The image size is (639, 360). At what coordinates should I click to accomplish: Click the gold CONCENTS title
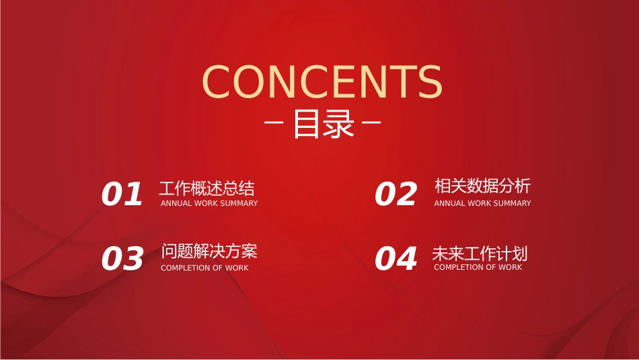pos(322,81)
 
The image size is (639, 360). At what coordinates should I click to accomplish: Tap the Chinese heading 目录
pos(324,124)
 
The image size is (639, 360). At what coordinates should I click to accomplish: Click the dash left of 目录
pos(274,122)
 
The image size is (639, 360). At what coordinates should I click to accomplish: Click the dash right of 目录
pos(371,122)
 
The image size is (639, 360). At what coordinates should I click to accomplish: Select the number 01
pos(122,194)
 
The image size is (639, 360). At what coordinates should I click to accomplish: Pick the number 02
pos(396,194)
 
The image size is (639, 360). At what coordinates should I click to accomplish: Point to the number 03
pos(122,258)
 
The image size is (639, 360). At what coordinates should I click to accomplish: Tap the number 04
pos(396,258)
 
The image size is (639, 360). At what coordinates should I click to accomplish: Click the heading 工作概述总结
pos(207,189)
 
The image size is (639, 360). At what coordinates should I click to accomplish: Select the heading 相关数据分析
pos(482,186)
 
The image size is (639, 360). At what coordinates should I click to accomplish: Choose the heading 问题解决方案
pos(209,251)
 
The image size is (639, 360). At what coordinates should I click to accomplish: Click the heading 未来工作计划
pos(480,254)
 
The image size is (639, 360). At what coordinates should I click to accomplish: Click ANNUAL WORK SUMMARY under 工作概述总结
pos(209,203)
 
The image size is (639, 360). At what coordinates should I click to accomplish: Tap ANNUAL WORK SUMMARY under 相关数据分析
pos(482,203)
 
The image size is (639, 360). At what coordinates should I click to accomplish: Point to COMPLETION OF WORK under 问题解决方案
pos(204,268)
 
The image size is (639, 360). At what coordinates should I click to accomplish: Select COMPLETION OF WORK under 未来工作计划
pos(478,267)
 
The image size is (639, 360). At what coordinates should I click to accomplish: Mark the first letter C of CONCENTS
pos(217,81)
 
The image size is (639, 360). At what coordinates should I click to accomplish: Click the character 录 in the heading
pos(338,124)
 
